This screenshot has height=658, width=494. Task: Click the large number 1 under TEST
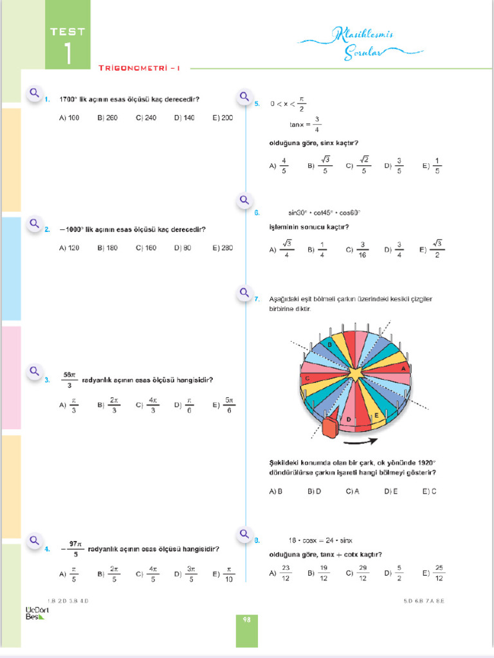point(68,53)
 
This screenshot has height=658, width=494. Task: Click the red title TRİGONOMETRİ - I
point(140,67)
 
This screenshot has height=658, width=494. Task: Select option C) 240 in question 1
point(146,118)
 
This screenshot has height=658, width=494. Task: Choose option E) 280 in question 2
point(223,248)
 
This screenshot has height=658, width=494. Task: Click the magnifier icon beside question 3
point(35,371)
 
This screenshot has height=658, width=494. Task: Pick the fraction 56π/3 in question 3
point(69,380)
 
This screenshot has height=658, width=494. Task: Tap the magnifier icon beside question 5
point(244,97)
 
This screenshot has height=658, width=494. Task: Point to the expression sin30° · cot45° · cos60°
point(324,213)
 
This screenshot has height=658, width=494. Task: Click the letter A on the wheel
point(403,368)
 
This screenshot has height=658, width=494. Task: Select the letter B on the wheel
point(330,345)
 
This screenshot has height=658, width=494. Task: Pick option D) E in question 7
point(391,492)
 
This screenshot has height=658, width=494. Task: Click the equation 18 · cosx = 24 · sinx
point(320,540)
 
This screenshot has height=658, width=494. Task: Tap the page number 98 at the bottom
point(246,620)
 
